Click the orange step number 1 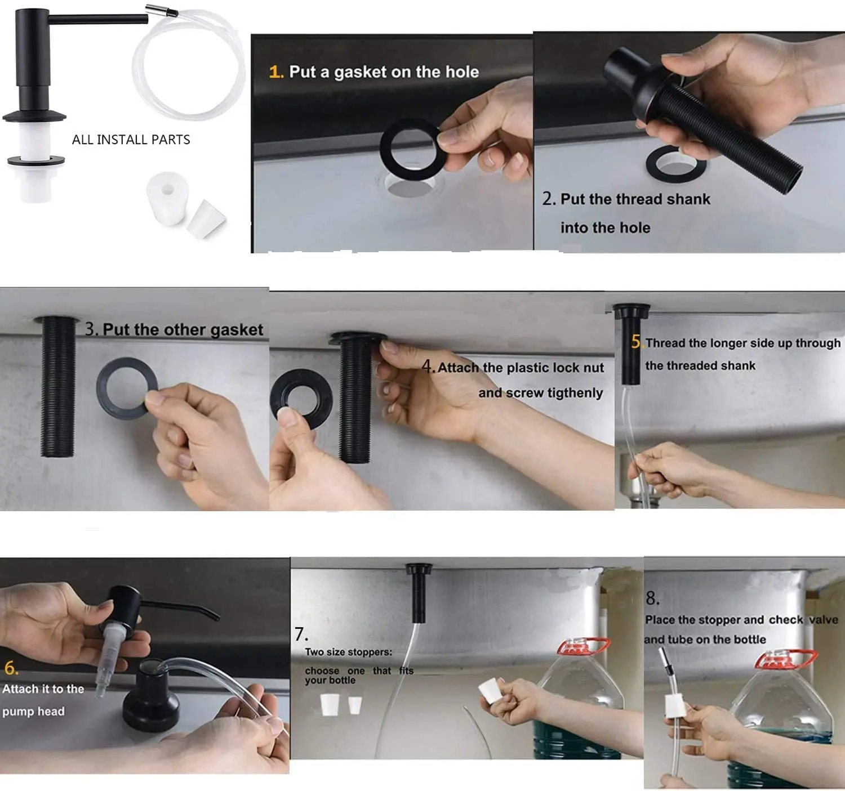[x=275, y=72]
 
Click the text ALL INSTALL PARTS [x=131, y=140]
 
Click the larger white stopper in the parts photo [x=167, y=198]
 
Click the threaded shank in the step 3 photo [x=58, y=386]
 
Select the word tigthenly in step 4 [x=575, y=393]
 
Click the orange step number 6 [x=11, y=668]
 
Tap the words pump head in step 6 [x=34, y=712]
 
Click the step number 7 [x=301, y=634]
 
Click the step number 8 [x=652, y=598]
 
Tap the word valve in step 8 [x=824, y=620]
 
